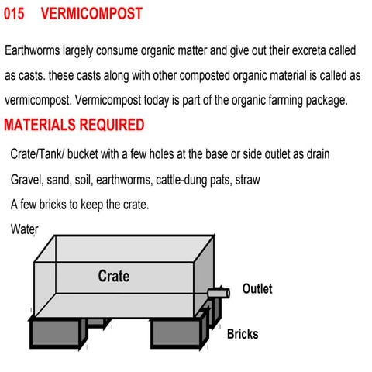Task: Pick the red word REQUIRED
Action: pyautogui.click(x=112, y=125)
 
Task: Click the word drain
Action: pyautogui.click(x=315, y=154)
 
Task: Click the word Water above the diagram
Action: pyautogui.click(x=25, y=229)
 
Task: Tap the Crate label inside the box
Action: pyautogui.click(x=114, y=276)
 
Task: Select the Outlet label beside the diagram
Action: pyautogui.click(x=257, y=289)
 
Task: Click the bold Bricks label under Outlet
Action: pyautogui.click(x=243, y=335)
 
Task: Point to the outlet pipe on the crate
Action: pyautogui.click(x=219, y=293)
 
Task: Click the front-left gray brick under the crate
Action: pyautogui.click(x=57, y=332)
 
